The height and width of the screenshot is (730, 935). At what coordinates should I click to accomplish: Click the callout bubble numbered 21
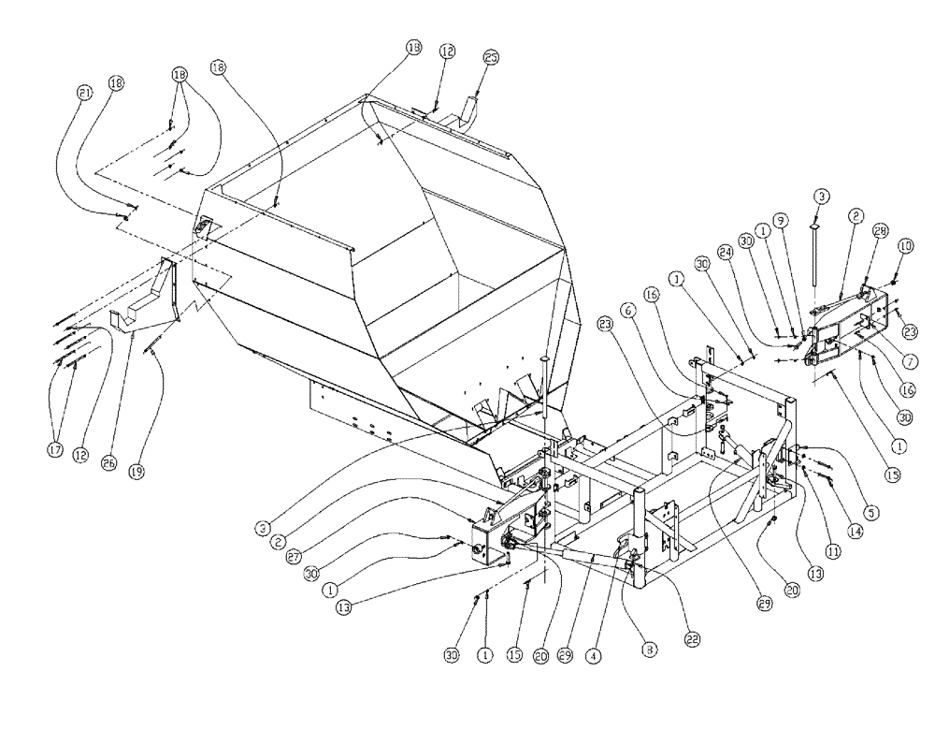86,93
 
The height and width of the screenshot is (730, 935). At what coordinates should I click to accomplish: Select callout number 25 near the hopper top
491,58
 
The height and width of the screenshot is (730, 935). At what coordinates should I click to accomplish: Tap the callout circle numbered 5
871,513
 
